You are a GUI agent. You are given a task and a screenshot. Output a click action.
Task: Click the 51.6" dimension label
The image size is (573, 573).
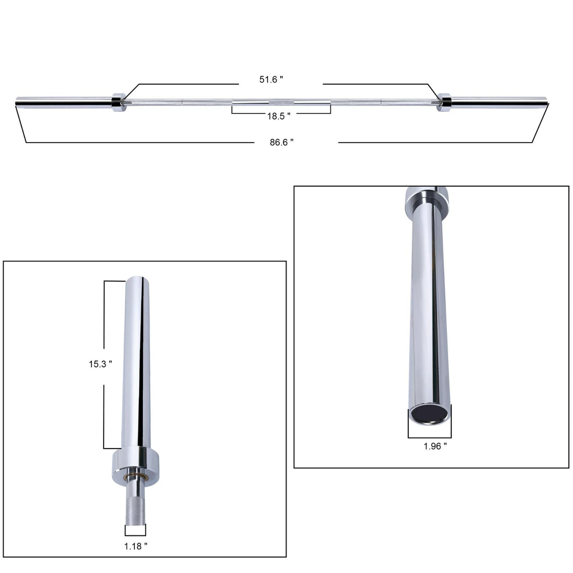click(x=271, y=79)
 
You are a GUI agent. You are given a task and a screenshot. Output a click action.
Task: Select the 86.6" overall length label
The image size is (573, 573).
click(x=281, y=142)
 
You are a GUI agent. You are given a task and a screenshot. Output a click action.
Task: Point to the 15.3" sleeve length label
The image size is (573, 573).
click(x=100, y=364)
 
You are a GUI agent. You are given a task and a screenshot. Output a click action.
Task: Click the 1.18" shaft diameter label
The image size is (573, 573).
click(x=136, y=546)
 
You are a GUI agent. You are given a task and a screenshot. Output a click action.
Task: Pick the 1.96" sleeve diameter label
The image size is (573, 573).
click(x=435, y=446)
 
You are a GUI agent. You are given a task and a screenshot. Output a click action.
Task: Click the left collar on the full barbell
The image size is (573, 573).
click(x=118, y=102)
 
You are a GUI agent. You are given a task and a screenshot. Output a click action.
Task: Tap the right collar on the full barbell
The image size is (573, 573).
click(x=445, y=102)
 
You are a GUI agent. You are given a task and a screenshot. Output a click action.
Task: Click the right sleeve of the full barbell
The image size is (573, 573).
click(x=499, y=103)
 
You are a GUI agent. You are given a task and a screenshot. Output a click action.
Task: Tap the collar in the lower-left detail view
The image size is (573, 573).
click(x=135, y=461)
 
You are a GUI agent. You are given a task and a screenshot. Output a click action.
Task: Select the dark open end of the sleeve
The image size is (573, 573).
click(x=430, y=415)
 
